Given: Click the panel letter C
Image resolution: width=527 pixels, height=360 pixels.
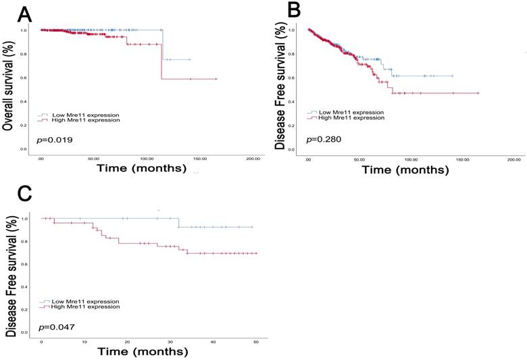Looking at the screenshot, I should coord(11,193).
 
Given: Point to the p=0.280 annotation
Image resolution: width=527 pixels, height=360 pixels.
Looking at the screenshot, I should coord(323,140).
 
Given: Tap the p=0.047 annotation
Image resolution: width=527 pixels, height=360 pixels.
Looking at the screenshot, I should coord(55,327).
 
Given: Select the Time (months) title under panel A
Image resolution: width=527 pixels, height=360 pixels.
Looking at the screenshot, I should coord(140,167).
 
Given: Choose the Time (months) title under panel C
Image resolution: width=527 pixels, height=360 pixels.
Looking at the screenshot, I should coord(142,352).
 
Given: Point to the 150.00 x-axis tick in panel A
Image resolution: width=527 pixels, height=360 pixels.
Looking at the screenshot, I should coord(199,157).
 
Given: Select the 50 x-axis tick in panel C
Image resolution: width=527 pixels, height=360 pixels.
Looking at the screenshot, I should coord(255,342).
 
